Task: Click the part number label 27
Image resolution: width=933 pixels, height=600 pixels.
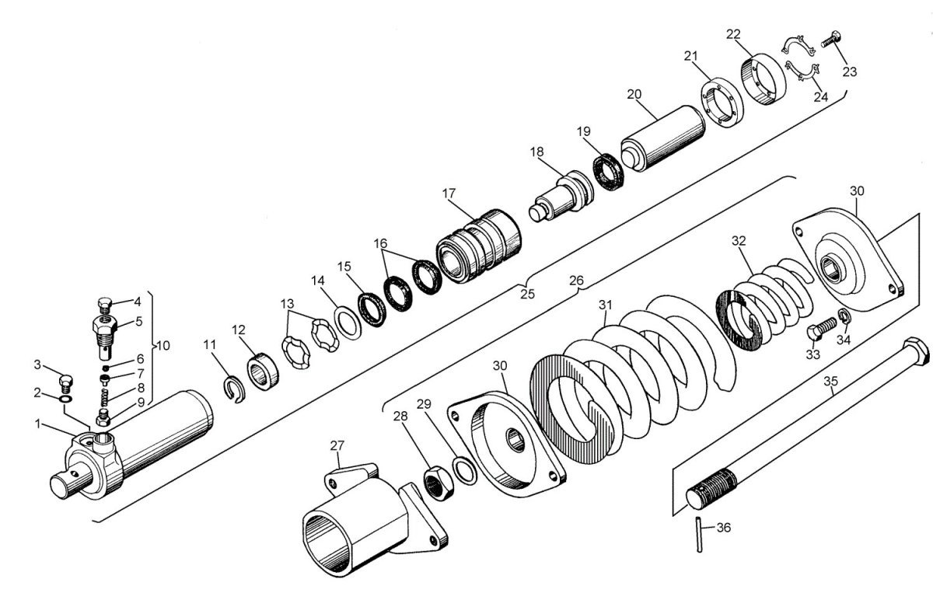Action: (337, 446)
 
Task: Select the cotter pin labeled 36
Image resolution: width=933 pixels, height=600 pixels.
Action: (699, 535)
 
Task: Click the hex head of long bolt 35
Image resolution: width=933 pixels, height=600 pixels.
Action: (916, 351)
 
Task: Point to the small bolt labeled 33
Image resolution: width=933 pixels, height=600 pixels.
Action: (821, 329)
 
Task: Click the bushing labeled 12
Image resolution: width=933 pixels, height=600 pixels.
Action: (263, 372)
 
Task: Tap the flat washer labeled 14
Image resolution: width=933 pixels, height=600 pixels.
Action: (348, 323)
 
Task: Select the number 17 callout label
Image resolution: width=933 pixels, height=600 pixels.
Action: (449, 194)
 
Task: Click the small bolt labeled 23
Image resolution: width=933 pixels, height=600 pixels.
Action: (831, 40)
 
